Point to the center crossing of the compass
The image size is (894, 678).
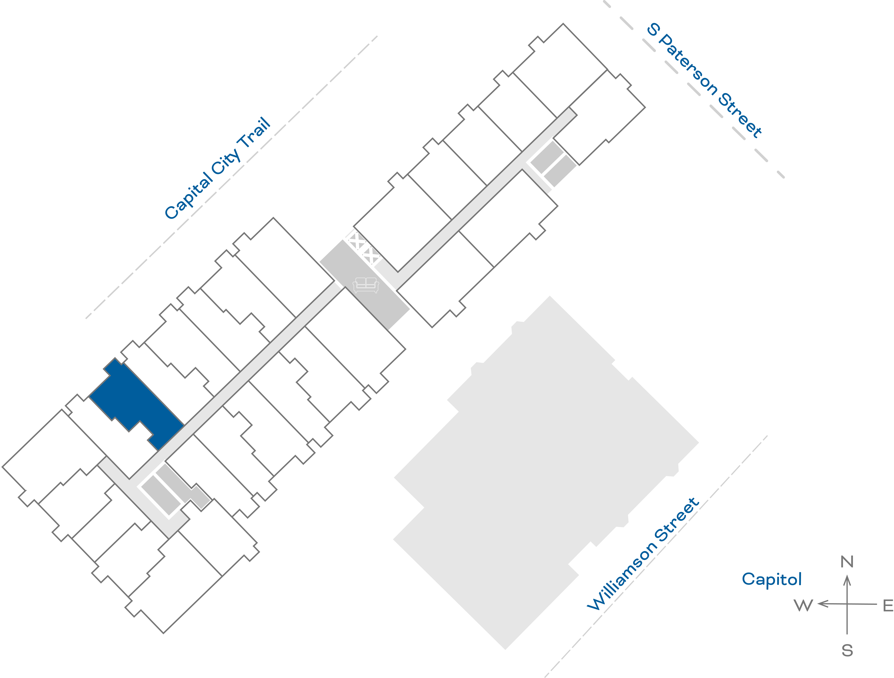[x=847, y=604]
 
